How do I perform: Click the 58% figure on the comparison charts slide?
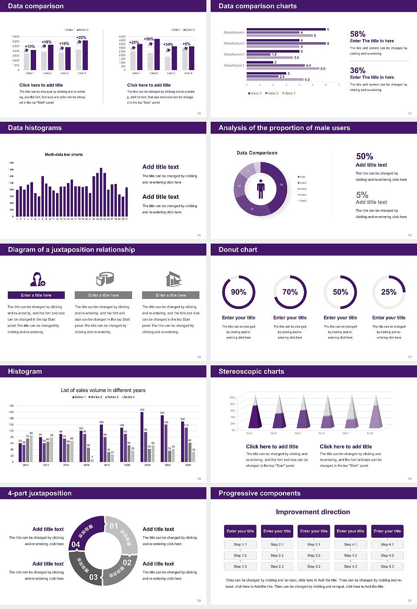tap(357, 34)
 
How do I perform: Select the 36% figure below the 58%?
tap(357, 70)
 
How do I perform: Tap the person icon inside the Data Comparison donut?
tap(261, 189)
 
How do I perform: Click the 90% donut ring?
tap(238, 292)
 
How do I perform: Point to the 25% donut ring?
tap(389, 292)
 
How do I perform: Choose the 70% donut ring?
tap(290, 292)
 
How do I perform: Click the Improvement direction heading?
tap(313, 512)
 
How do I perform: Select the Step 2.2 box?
tap(277, 555)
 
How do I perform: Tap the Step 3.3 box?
tap(314, 566)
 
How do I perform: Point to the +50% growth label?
tap(149, 39)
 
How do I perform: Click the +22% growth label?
tap(81, 37)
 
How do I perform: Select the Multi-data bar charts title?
tap(64, 154)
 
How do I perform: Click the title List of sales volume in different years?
tap(103, 390)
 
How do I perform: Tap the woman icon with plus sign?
tap(37, 279)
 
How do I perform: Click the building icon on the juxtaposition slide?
tap(173, 279)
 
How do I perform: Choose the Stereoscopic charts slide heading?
tap(251, 371)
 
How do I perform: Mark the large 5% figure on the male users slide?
tap(362, 194)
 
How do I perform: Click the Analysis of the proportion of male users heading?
tap(284, 128)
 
